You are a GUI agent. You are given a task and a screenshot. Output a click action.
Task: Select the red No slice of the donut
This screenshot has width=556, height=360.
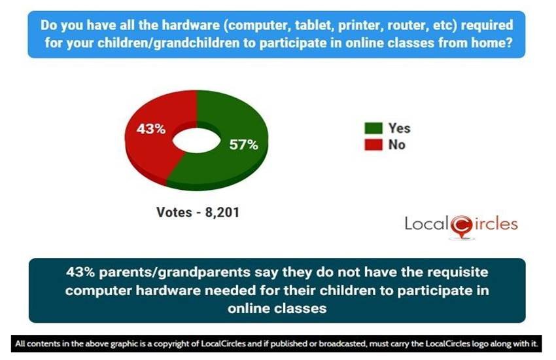149,149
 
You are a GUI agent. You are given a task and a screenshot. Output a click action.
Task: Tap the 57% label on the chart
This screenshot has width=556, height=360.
243,145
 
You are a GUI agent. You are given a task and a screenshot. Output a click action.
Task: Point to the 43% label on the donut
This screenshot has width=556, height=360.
151,129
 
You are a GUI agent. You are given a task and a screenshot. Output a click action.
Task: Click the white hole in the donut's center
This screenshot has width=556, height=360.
196,141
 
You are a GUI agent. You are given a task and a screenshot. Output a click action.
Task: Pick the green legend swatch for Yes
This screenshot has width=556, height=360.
374,128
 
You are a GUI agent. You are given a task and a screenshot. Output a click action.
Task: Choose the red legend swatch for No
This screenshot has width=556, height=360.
374,145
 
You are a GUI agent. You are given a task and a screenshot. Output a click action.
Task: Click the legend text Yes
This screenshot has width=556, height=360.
399,128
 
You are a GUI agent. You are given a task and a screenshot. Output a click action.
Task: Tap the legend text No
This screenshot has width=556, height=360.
397,145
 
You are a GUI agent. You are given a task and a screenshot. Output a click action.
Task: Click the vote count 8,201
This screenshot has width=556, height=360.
222,213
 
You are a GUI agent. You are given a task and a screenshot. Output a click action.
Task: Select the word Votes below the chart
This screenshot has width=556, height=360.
174,213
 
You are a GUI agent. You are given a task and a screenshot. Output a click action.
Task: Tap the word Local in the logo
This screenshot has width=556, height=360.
427,223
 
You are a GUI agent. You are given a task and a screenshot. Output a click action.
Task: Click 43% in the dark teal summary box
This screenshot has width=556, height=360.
80,272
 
